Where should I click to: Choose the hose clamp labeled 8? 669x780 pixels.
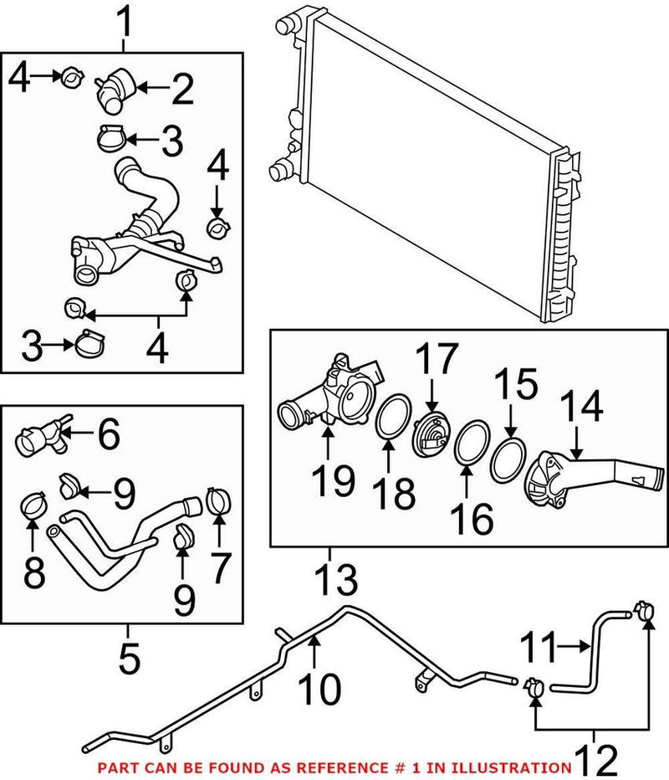pos(33,505)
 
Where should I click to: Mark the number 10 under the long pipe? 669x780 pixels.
pos(320,689)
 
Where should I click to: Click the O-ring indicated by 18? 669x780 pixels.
pos(391,418)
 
